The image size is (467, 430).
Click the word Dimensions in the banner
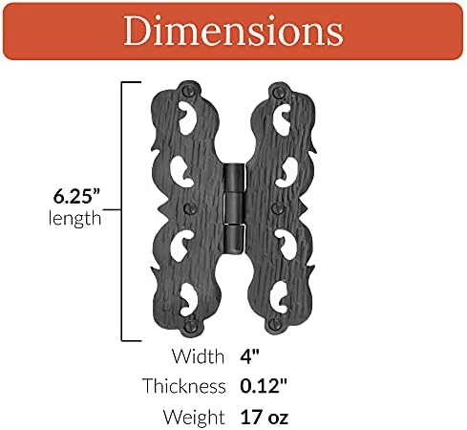[x=233, y=32]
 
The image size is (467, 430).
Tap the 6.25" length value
[x=75, y=198]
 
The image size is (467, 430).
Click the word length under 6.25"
[x=74, y=219]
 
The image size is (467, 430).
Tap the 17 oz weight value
[x=264, y=416]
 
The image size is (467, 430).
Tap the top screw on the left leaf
[x=190, y=94]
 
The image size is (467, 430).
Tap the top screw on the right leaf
[x=280, y=94]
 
